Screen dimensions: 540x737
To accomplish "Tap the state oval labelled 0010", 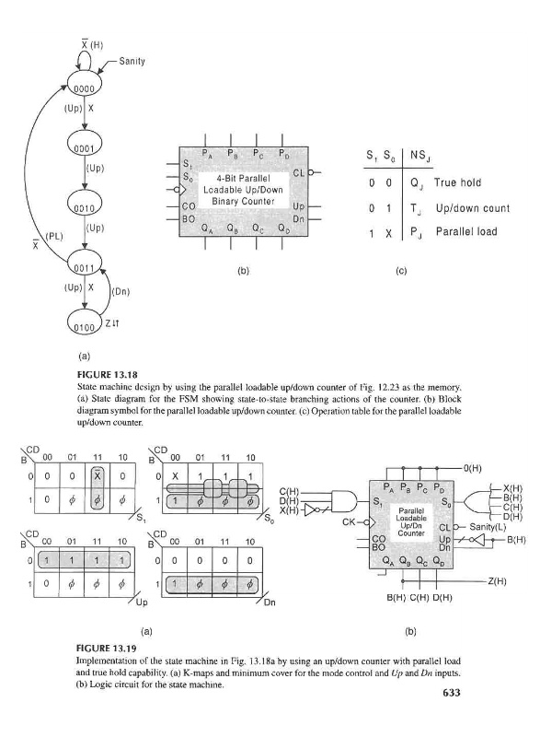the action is pos(85,204).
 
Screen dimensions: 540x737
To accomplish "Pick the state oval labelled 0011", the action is pos(85,263).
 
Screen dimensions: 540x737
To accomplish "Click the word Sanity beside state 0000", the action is pos(132,61).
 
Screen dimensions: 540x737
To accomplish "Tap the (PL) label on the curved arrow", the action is pos(54,236).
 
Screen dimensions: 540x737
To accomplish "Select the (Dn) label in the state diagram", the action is pos(121,292).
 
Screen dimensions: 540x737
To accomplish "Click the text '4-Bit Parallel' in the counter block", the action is pos(243,179).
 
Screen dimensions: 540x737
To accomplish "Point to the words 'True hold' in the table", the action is pos(457,182).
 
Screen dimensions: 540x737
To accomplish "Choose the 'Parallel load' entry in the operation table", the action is pos(466,231).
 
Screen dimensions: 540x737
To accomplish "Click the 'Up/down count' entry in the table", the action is pos(473,208).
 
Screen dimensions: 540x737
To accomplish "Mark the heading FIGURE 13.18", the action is pos(107,375).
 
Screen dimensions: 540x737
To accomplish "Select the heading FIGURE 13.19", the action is pos(107,649).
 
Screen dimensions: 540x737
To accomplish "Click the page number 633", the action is pos(452,693).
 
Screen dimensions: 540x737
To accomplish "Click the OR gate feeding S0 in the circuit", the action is pos(477,502).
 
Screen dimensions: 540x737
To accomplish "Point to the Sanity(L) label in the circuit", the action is pos(488,526).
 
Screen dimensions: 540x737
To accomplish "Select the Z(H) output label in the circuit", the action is pos(497,581).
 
